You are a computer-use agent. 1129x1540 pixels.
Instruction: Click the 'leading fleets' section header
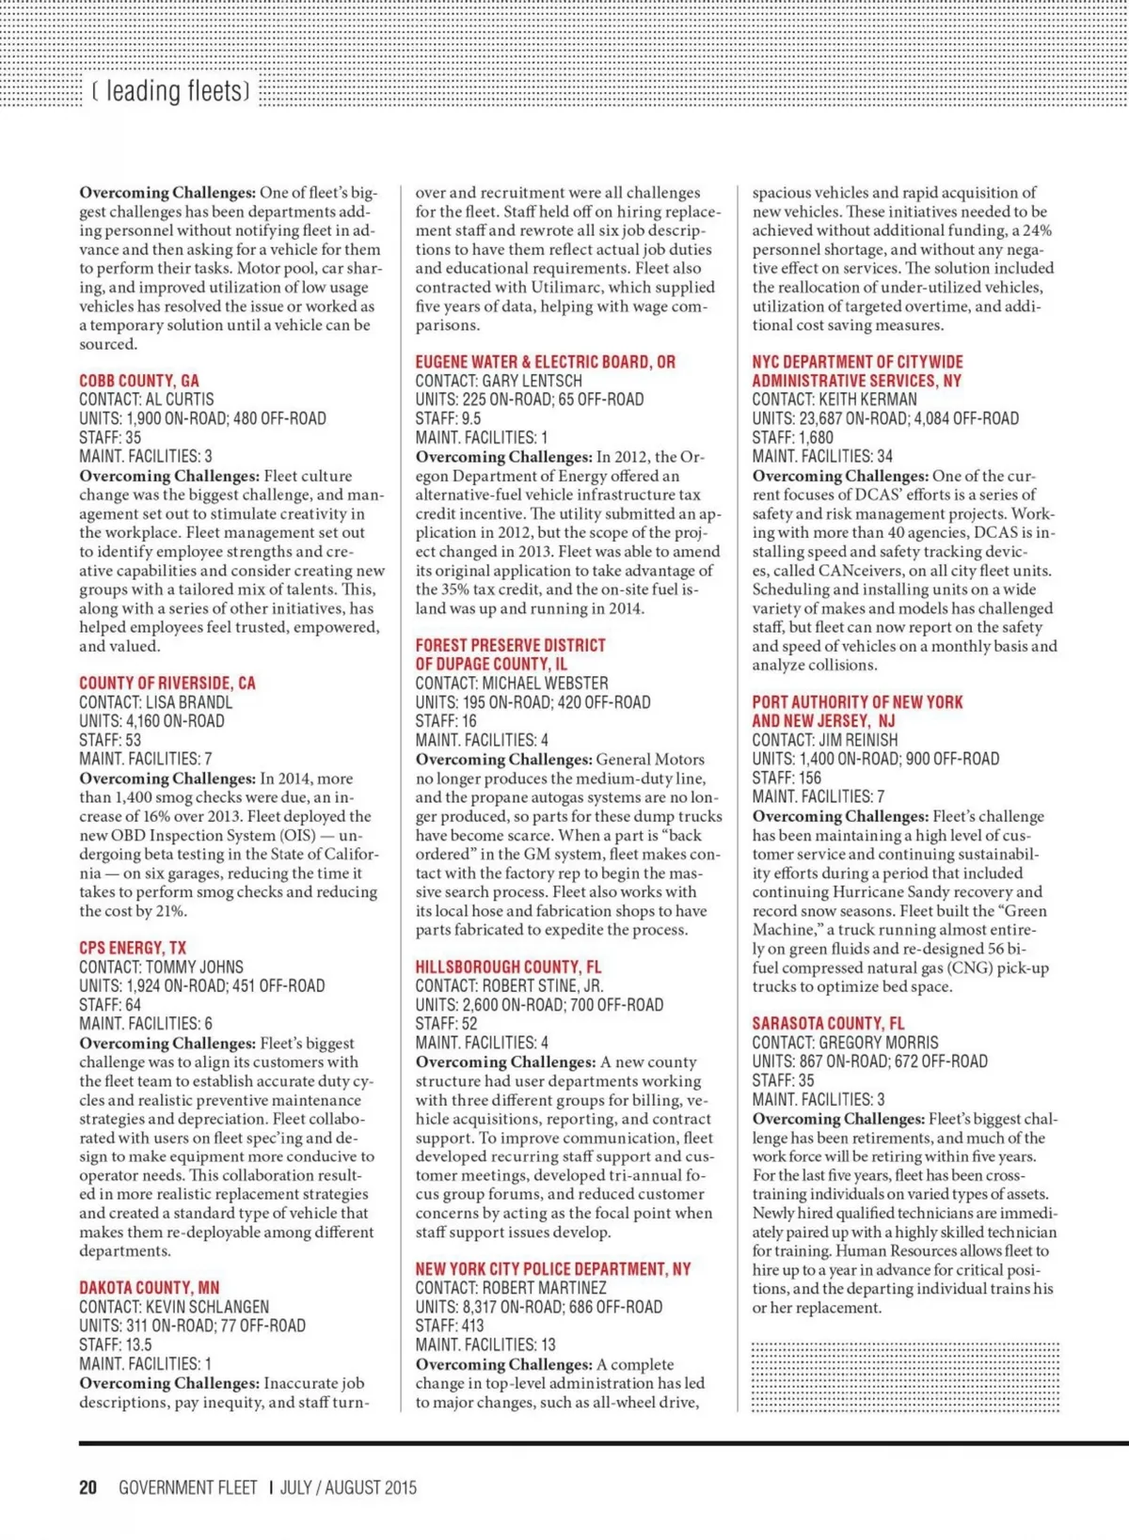click(171, 91)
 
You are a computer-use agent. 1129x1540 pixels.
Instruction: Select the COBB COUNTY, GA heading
click(139, 381)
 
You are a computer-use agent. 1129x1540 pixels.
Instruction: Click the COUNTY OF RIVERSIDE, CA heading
click(167, 684)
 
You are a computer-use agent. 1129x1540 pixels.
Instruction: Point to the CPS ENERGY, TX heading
click(133, 948)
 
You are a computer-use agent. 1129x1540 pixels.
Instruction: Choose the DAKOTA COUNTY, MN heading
click(150, 1288)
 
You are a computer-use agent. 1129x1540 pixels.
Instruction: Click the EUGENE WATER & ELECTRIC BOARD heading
click(545, 362)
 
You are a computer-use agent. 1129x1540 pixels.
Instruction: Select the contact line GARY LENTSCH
click(499, 381)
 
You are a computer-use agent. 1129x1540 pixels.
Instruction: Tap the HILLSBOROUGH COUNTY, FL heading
click(508, 966)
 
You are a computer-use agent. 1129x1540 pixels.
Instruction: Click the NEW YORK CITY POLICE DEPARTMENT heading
click(553, 1269)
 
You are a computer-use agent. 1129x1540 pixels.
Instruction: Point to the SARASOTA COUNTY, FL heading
click(828, 1023)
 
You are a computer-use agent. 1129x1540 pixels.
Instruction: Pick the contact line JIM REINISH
click(825, 740)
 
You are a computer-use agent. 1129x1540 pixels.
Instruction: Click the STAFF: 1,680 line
click(792, 437)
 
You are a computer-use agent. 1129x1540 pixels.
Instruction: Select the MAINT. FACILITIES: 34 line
click(822, 456)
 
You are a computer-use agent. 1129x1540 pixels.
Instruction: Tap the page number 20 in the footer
click(88, 1487)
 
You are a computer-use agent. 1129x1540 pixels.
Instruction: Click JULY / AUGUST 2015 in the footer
click(348, 1487)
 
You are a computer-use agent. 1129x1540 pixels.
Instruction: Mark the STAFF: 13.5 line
click(116, 1344)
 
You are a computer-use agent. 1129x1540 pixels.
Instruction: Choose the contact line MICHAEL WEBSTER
click(512, 684)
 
